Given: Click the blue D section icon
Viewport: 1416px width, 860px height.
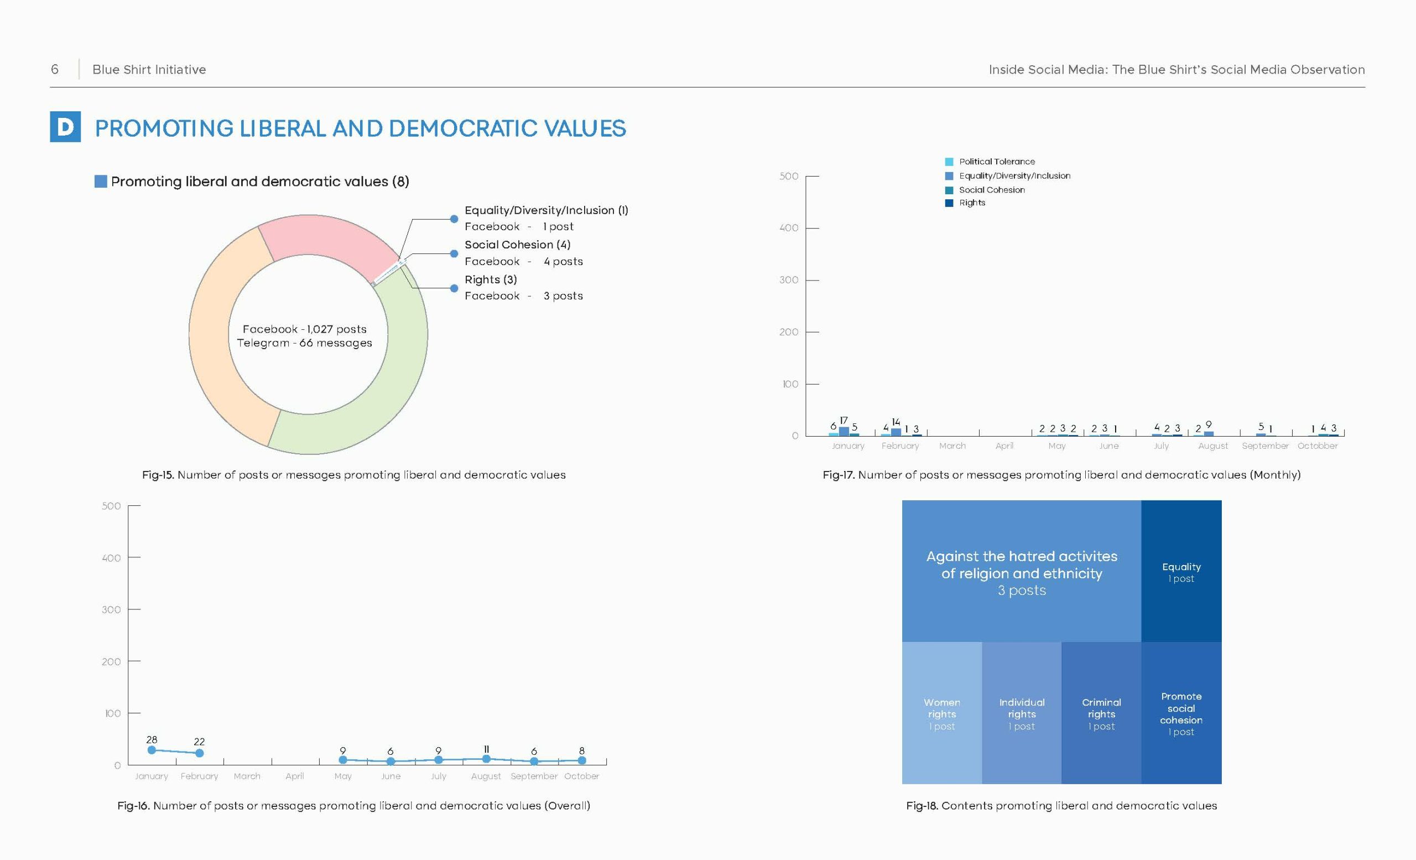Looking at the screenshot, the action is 65,127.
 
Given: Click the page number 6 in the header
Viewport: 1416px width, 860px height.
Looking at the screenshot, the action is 55,70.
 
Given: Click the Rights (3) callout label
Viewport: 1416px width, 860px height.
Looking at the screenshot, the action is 491,279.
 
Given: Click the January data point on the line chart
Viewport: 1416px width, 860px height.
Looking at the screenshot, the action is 152,750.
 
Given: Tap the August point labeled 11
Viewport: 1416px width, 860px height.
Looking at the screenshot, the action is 486,759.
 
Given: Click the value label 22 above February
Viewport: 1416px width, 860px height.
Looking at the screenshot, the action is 200,742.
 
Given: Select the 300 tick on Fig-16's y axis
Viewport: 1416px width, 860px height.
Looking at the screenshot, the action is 112,609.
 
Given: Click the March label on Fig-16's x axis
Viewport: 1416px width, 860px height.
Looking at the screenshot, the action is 247,776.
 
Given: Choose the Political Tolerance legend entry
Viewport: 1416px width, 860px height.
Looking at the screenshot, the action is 990,162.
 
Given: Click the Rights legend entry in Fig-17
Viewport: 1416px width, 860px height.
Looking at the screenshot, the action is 965,203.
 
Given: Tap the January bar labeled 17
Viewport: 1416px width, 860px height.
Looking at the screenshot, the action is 844,431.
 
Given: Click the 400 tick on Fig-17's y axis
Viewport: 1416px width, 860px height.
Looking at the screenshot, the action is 789,227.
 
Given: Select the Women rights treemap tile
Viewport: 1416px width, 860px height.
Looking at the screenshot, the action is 942,713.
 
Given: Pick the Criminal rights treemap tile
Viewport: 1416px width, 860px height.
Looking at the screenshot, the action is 1102,713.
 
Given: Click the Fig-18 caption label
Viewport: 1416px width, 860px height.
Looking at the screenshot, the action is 1061,805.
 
